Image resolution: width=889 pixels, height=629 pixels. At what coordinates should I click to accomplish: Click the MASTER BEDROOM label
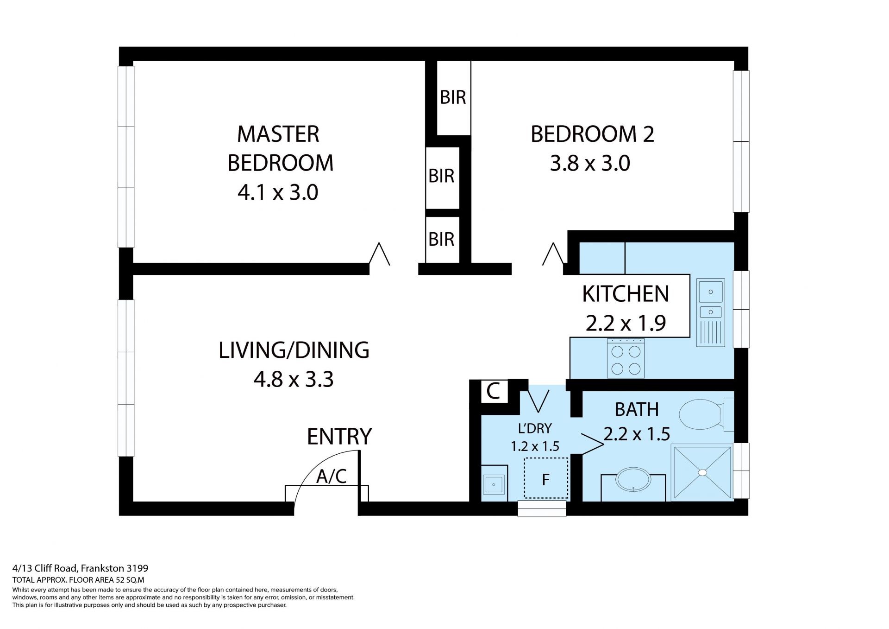280,148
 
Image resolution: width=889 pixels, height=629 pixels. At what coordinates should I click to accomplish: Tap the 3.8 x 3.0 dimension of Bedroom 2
590,164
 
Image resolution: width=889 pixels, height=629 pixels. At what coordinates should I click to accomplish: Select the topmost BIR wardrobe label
453,97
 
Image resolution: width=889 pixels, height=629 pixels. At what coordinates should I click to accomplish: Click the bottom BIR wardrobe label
441,239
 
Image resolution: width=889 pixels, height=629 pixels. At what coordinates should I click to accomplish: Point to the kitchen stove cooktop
626,358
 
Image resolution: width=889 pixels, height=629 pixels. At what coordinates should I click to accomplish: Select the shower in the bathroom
702,472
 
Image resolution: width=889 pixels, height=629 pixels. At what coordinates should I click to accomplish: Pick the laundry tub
494,485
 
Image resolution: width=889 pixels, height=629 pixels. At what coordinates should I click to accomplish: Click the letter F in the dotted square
546,479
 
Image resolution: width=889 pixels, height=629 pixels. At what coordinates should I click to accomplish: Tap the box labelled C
494,391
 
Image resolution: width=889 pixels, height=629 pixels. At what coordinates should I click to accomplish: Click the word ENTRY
339,436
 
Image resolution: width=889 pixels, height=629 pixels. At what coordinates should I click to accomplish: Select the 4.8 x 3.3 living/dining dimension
294,380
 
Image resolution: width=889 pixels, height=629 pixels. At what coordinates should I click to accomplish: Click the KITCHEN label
626,294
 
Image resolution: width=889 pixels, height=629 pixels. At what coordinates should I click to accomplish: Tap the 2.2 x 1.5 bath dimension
637,434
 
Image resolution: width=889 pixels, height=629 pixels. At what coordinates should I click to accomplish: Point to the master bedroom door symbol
380,254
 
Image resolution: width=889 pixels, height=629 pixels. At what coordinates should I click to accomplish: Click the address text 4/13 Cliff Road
46,568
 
